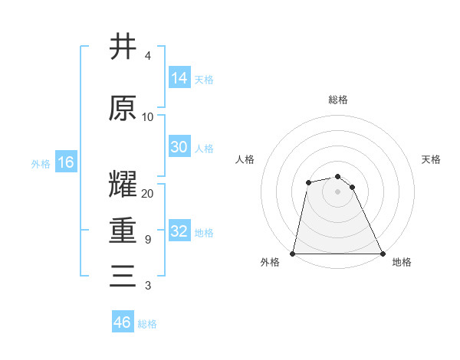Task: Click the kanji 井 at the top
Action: pyautogui.click(x=123, y=47)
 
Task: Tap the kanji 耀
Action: pyautogui.click(x=123, y=184)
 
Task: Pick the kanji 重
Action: pyautogui.click(x=123, y=230)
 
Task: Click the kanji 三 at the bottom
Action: pyautogui.click(x=123, y=276)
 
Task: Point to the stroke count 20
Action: pyautogui.click(x=148, y=194)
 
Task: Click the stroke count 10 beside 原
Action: pyautogui.click(x=148, y=117)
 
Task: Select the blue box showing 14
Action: pyautogui.click(x=179, y=77)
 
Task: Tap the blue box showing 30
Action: pyautogui.click(x=179, y=147)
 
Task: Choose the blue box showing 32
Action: pyautogui.click(x=179, y=232)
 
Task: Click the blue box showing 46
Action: pyautogui.click(x=123, y=322)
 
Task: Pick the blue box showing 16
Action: pyautogui.click(x=66, y=162)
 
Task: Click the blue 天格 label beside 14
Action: pyautogui.click(x=204, y=79)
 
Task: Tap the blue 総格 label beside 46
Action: pyautogui.click(x=147, y=324)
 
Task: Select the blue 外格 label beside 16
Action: pyautogui.click(x=41, y=163)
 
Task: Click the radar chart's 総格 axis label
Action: pyautogui.click(x=338, y=100)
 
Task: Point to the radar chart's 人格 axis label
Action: pyautogui.click(x=245, y=159)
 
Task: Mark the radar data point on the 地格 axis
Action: pyautogui.click(x=382, y=253)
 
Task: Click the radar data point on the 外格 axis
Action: pyautogui.click(x=293, y=253)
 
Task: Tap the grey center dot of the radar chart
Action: pyautogui.click(x=337, y=191)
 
